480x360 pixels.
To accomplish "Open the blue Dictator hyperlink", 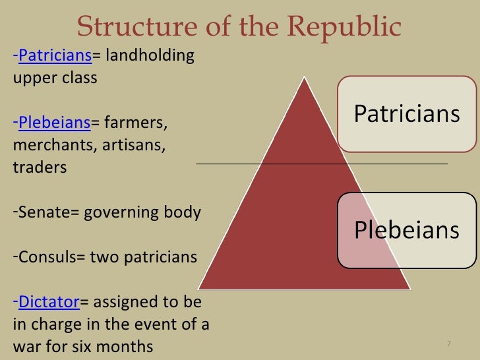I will (x=49, y=302).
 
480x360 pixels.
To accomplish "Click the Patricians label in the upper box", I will (x=407, y=114).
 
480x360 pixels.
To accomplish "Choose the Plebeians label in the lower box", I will (x=407, y=229).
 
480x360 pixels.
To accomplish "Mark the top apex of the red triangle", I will (x=305, y=78).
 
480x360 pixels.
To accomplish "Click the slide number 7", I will (x=448, y=344).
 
